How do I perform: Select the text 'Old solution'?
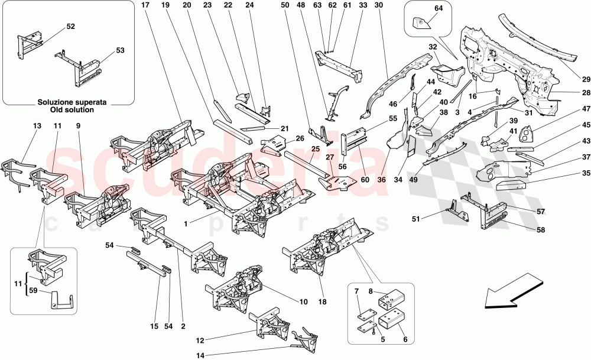click(70, 110)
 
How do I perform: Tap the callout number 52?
click(70, 27)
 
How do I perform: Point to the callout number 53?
click(120, 51)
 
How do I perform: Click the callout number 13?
click(37, 126)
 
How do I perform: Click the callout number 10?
click(303, 301)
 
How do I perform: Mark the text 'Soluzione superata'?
click(70, 102)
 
